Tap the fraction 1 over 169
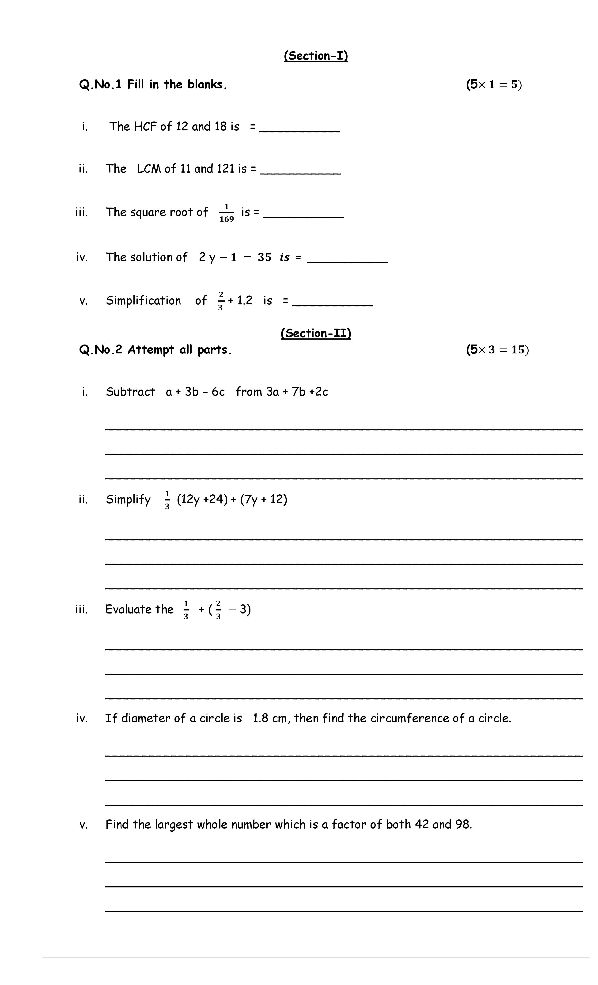click(226, 213)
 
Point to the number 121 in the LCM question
click(225, 169)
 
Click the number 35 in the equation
click(264, 258)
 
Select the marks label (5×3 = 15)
click(497, 350)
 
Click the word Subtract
click(130, 392)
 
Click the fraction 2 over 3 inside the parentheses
click(218, 610)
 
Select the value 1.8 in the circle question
click(260, 718)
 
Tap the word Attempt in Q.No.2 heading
click(151, 350)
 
